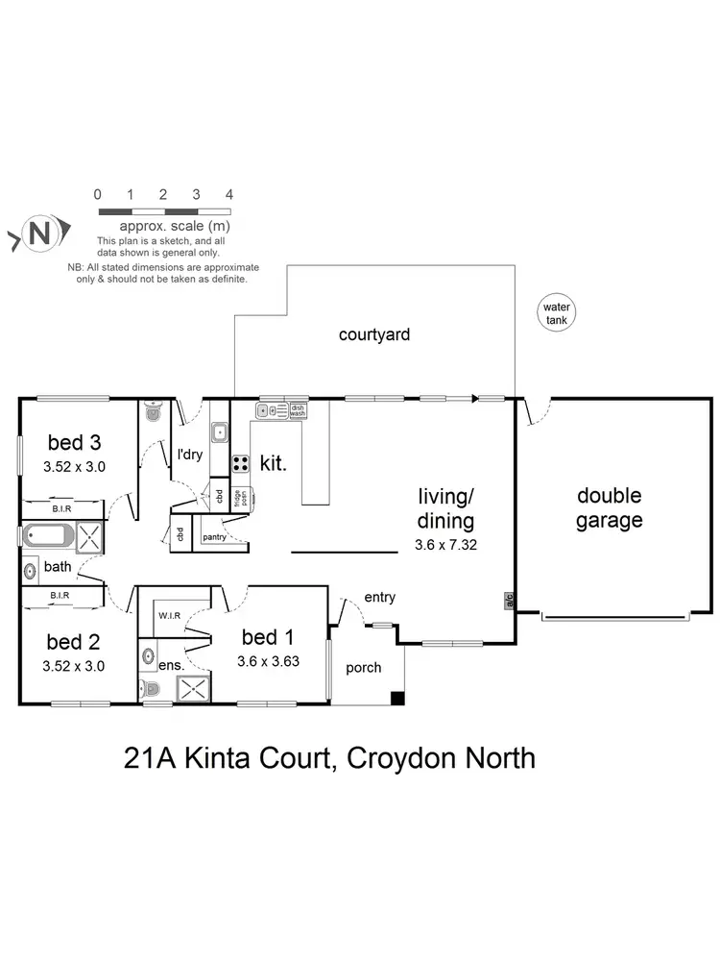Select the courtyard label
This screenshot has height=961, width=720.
[373, 335]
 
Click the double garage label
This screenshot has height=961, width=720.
[609, 508]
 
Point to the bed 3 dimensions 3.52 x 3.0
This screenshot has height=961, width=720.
[74, 467]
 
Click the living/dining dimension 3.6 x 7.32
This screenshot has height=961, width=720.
[444, 543]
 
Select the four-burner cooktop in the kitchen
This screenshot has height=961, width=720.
[240, 463]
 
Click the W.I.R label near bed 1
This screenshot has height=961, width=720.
[171, 615]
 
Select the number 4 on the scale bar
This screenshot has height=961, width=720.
[228, 194]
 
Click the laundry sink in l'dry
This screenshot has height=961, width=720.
[219, 433]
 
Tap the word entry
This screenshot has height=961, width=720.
[380, 598]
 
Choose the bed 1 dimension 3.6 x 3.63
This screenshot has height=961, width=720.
[270, 660]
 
